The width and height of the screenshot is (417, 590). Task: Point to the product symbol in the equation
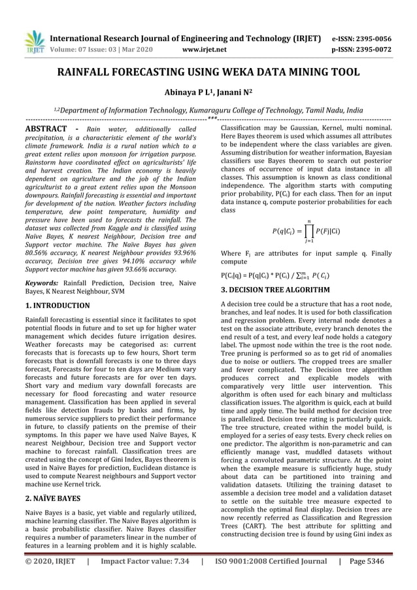(318, 230)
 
